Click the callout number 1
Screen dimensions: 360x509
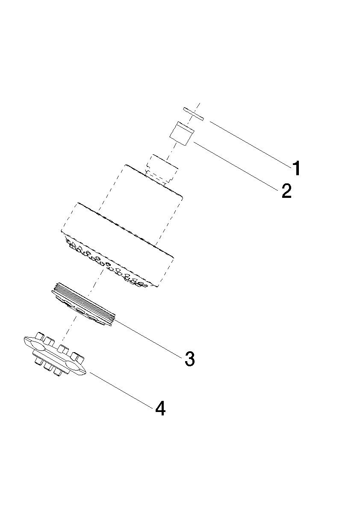(x=296, y=168)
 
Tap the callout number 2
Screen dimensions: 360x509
(x=286, y=191)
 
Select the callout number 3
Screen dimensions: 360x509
(x=190, y=359)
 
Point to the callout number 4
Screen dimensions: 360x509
(x=160, y=408)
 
